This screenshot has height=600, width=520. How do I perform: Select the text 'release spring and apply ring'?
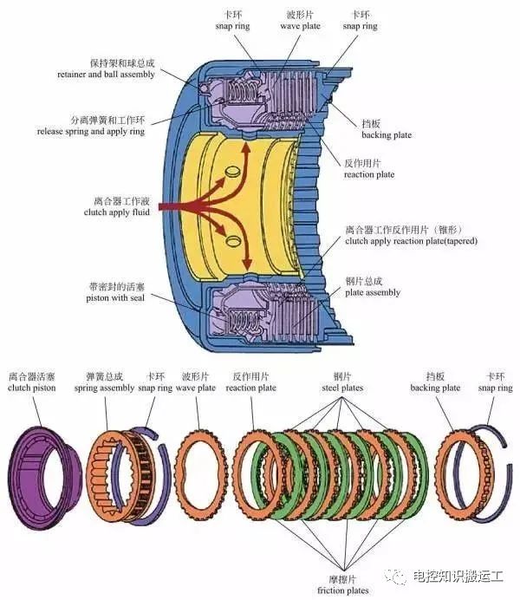90,131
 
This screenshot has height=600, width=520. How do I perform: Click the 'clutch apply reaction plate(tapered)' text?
411,241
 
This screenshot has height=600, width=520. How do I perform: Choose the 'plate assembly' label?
374,293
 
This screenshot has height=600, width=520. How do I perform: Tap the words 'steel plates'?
341,388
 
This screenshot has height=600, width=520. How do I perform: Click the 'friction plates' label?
342,590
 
